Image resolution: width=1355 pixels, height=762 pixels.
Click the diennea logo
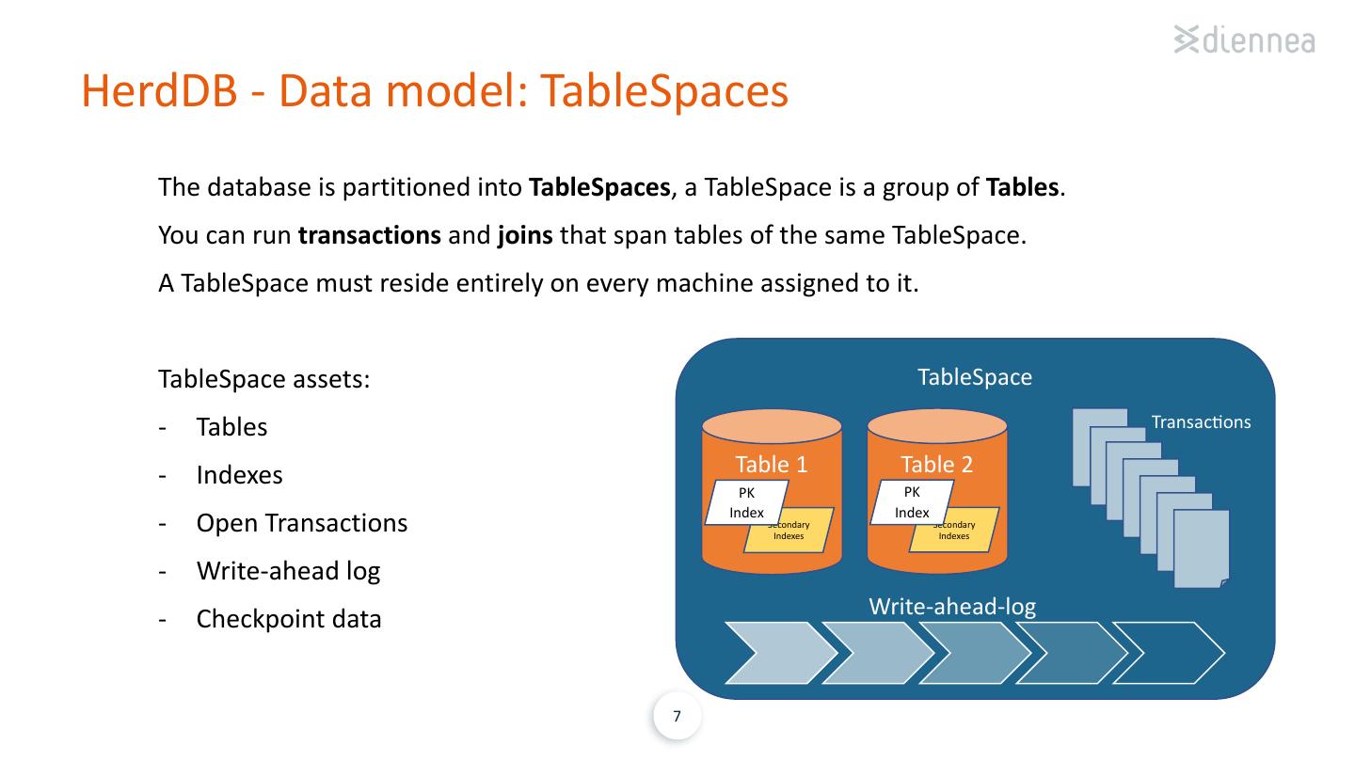coord(1244,40)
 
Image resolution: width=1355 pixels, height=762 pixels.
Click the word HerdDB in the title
coord(159,90)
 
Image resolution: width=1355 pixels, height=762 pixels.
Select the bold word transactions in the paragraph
coord(370,234)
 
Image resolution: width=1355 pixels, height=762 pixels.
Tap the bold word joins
coord(525,235)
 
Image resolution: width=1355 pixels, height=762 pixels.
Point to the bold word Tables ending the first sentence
coord(1022,187)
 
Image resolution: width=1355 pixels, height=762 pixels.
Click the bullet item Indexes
coord(240,475)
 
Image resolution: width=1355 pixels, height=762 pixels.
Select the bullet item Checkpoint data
coord(289,619)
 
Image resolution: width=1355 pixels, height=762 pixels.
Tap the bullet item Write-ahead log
coord(289,572)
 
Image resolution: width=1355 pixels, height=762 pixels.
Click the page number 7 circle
coord(677,716)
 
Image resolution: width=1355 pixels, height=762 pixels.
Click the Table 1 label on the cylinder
coord(772,465)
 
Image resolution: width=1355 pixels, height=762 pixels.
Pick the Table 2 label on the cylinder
coord(937,465)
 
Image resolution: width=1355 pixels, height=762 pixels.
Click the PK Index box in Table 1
coord(746,502)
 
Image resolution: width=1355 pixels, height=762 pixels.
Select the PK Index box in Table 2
coord(912,502)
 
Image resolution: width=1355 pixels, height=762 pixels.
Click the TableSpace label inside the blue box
coord(975,377)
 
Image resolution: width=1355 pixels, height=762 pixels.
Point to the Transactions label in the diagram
coord(1201,422)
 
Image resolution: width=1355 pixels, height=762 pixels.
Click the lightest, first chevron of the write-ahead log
coord(780,653)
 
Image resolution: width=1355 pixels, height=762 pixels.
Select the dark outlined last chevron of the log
coord(1170,653)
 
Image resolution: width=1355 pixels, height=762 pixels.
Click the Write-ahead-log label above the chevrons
coord(952,607)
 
